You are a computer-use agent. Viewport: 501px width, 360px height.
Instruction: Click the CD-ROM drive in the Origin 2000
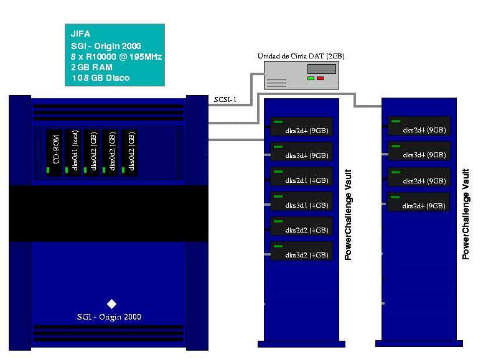pyautogui.click(x=55, y=152)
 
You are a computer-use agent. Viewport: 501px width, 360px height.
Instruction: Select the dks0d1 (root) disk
pyautogui.click(x=73, y=152)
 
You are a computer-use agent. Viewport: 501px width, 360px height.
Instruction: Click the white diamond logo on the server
pyautogui.click(x=112, y=303)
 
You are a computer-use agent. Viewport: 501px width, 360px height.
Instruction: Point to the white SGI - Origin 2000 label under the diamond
pyautogui.click(x=109, y=317)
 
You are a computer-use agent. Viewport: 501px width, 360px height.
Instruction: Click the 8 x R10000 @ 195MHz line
pyautogui.click(x=116, y=56)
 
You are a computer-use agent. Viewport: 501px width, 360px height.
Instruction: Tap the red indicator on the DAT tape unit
pyautogui.click(x=321, y=78)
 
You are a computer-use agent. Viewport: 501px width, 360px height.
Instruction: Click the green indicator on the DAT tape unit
pyautogui.click(x=311, y=78)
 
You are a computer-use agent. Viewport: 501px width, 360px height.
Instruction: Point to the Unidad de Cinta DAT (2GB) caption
pyautogui.click(x=301, y=56)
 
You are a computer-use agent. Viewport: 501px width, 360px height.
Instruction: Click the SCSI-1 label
pyautogui.click(x=224, y=99)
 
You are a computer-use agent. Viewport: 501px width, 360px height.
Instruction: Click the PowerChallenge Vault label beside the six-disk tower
pyautogui.click(x=349, y=215)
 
